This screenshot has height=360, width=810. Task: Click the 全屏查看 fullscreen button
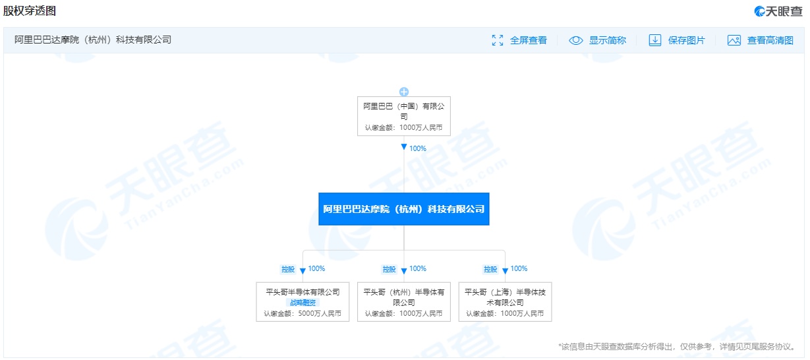[519, 40]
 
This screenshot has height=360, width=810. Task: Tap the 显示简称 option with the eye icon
[597, 40]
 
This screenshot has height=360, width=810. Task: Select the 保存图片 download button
[677, 40]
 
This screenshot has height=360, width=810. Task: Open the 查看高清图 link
[761, 40]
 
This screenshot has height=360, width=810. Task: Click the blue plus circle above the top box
[404, 92]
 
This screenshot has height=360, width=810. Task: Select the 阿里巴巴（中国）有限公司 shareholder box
[404, 116]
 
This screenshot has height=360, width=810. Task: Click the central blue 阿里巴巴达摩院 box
[404, 209]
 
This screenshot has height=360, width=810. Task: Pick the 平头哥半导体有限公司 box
[303, 302]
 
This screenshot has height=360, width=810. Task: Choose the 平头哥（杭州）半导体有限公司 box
[404, 302]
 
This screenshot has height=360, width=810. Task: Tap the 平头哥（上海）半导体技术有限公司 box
[505, 302]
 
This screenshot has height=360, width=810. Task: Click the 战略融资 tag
[303, 303]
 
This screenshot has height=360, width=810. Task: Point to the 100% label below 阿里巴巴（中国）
[418, 148]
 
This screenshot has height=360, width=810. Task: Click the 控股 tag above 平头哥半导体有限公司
[288, 269]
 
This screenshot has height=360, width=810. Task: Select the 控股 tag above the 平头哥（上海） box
[490, 269]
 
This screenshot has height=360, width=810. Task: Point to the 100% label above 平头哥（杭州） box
[418, 268]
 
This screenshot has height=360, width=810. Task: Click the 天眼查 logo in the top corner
[778, 11]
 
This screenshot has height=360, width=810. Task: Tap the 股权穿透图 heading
[30, 11]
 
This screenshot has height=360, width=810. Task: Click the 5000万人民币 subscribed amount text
[320, 313]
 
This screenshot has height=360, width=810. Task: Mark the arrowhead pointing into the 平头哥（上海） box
[505, 270]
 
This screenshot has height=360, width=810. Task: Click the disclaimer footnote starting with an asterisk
[677, 347]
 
